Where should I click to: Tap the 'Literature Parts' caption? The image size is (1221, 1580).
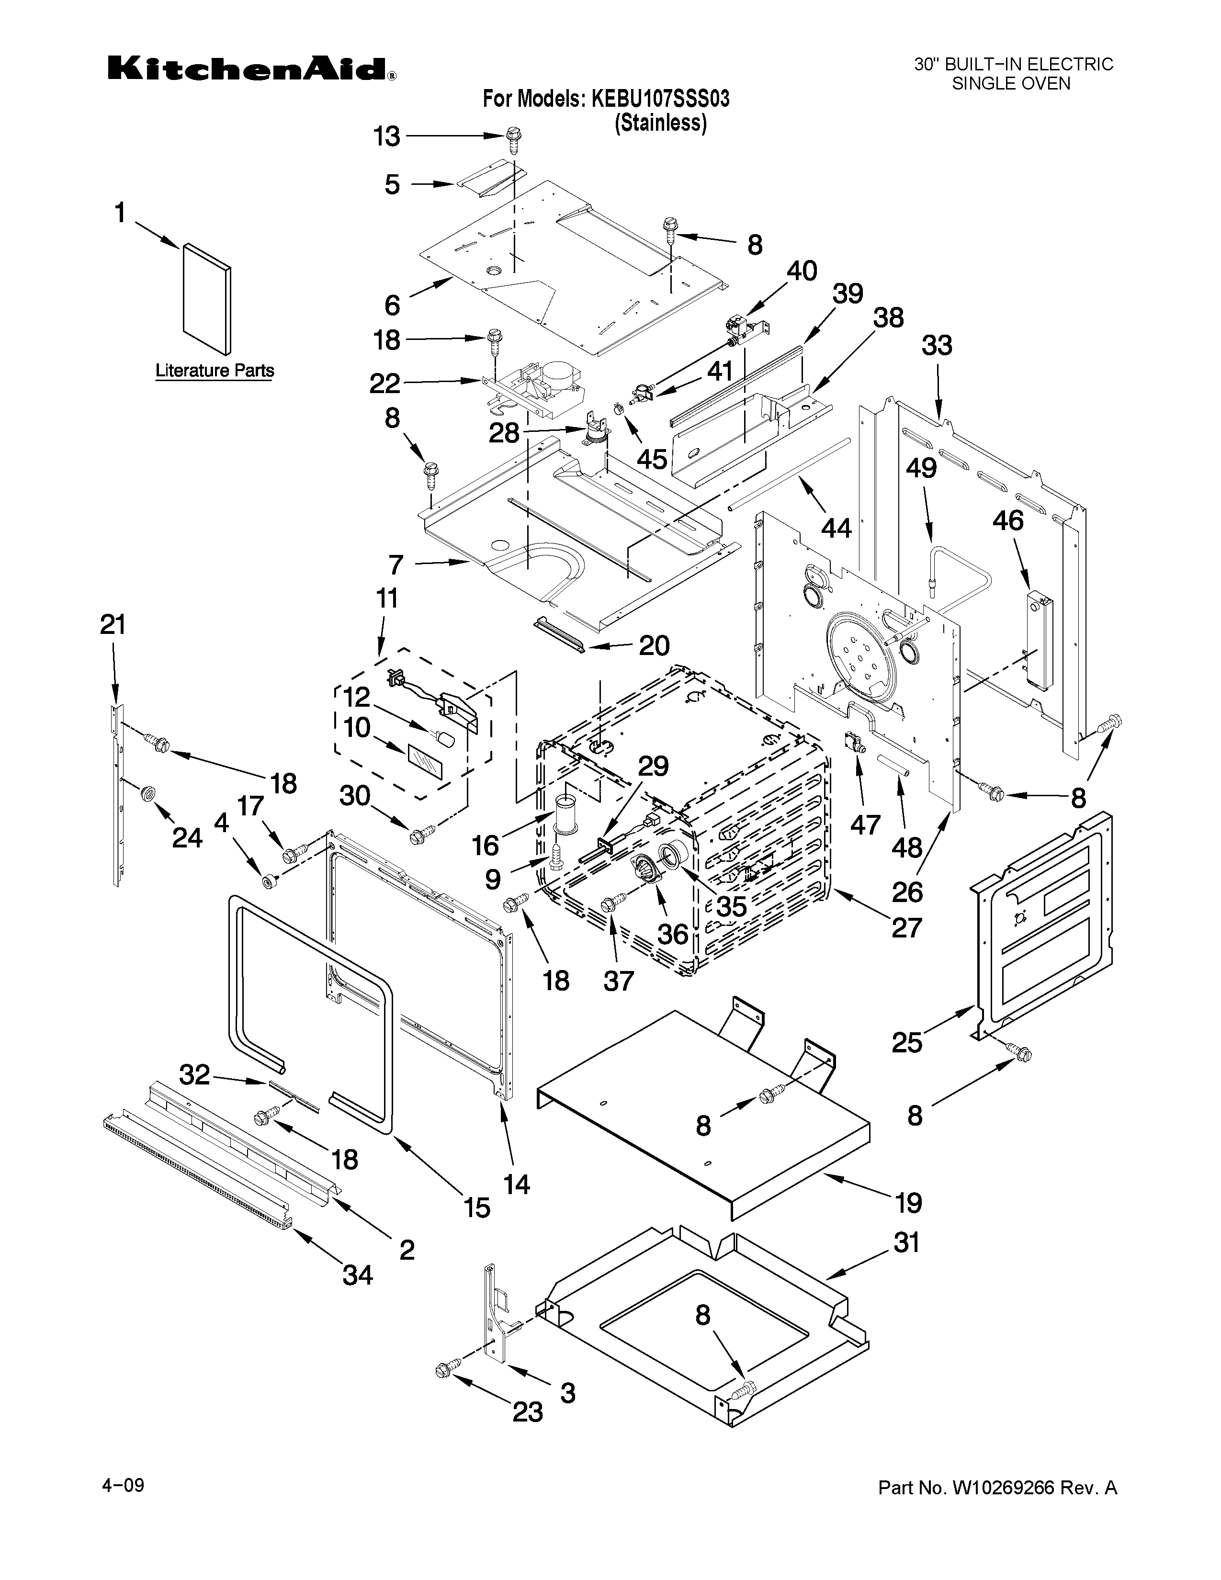(215, 371)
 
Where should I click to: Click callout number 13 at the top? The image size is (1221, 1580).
(387, 136)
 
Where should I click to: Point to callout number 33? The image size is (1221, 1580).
(937, 345)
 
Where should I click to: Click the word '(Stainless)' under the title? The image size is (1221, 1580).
(660, 123)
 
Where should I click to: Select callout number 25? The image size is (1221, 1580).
(907, 1042)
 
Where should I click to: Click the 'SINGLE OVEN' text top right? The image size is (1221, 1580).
(1010, 83)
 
